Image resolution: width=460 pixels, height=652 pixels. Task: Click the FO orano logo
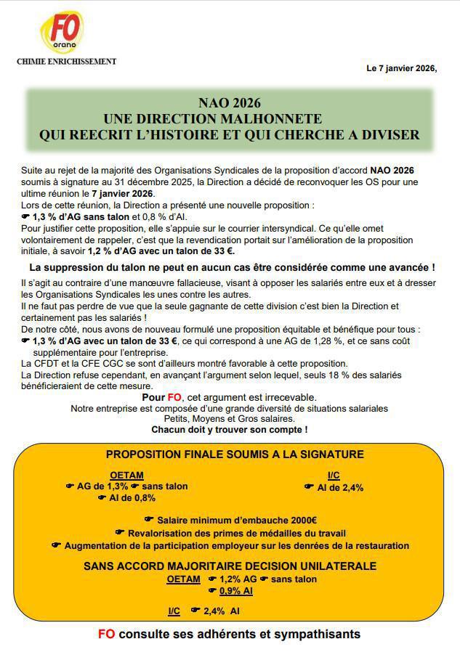point(62,33)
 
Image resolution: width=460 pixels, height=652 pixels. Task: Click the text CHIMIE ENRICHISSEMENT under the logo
point(66,62)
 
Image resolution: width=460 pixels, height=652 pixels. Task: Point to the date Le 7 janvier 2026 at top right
point(401,69)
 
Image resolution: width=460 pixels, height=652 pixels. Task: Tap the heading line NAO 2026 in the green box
point(230,103)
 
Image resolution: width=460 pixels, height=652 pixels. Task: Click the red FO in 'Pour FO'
point(174,397)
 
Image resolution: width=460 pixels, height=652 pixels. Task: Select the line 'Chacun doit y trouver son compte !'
point(229,429)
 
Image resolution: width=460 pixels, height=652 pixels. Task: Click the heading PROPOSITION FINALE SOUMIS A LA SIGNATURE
point(235,455)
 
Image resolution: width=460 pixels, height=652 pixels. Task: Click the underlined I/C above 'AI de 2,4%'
point(334,476)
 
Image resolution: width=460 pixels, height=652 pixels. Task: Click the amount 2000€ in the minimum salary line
point(302,520)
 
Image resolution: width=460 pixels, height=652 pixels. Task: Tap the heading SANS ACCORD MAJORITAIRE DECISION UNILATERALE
point(230,566)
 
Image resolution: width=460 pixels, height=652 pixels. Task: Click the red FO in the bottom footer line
point(106,634)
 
